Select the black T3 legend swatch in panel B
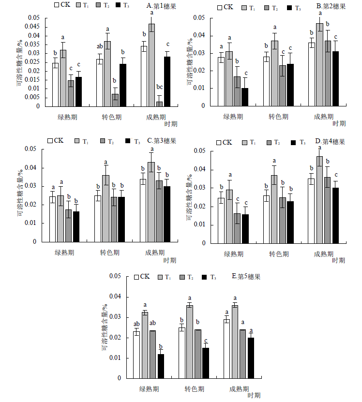click(290, 8)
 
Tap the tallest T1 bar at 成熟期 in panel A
click(152, 65)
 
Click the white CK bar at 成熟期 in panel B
click(312, 74)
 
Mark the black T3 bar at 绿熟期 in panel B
click(245, 97)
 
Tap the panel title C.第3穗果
click(162, 141)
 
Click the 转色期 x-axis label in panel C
click(110, 253)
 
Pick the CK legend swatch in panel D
click(219, 142)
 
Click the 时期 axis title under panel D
click(339, 260)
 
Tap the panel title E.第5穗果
click(246, 277)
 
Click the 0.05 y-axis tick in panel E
click(115, 276)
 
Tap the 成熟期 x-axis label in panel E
click(240, 389)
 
